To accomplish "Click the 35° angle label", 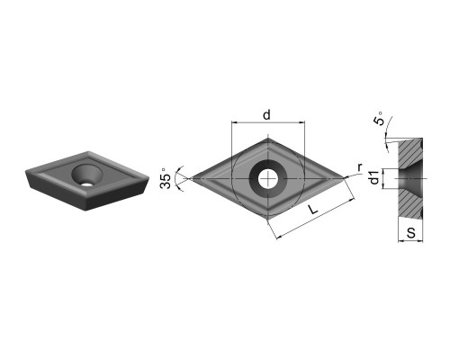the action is pyautogui.click(x=166, y=178).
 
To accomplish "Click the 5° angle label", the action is pyautogui.click(x=379, y=119).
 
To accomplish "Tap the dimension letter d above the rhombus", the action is pyautogui.click(x=266, y=114).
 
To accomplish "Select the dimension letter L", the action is pyautogui.click(x=313, y=209).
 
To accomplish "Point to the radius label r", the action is pyautogui.click(x=360, y=167).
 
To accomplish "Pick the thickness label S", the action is pyautogui.click(x=410, y=233).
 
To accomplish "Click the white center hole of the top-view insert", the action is pyautogui.click(x=268, y=179).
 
